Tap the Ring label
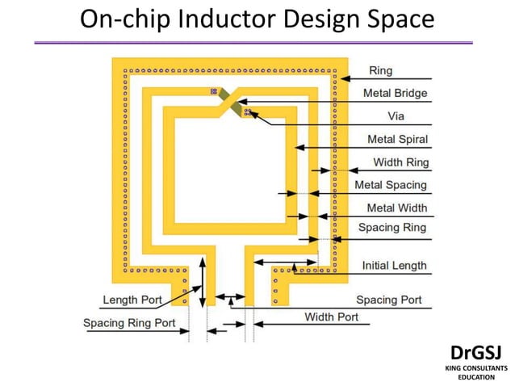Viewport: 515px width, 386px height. pyautogui.click(x=380, y=71)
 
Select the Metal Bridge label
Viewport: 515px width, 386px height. pyautogui.click(x=395, y=93)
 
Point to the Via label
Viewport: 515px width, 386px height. pyautogui.click(x=396, y=115)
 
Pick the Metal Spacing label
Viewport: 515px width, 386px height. pyautogui.click(x=391, y=185)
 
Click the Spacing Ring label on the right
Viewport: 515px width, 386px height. pyautogui.click(x=392, y=228)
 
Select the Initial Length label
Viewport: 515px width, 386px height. pyautogui.click(x=394, y=266)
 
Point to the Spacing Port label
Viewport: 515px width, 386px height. pyautogui.click(x=388, y=300)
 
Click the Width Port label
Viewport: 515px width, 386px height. pyautogui.click(x=331, y=317)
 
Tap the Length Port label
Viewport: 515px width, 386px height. pyautogui.click(x=132, y=300)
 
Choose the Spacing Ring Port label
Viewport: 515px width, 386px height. pyautogui.click(x=129, y=324)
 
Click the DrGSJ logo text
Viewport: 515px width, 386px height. pyautogui.click(x=475, y=352)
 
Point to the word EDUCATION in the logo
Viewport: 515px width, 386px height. pyautogui.click(x=475, y=377)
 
